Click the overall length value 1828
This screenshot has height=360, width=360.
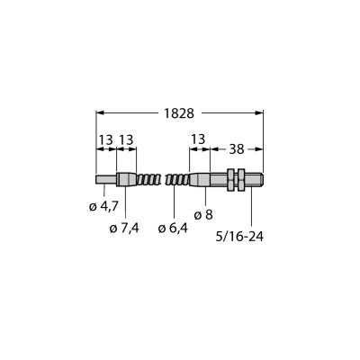pyautogui.click(x=179, y=113)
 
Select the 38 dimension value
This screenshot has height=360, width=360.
pyautogui.click(x=237, y=149)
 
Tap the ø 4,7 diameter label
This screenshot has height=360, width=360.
pyautogui.click(x=104, y=206)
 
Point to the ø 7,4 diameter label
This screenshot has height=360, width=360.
pyautogui.click(x=124, y=229)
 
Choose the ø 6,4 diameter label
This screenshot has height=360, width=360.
pyautogui.click(x=173, y=229)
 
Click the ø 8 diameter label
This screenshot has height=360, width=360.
pyautogui.click(x=203, y=215)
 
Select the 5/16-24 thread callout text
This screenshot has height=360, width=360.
pyautogui.click(x=239, y=237)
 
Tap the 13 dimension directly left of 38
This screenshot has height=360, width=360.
pyautogui.click(x=198, y=139)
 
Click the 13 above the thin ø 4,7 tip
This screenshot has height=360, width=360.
pyautogui.click(x=106, y=139)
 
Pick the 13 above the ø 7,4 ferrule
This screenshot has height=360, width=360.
pyautogui.click(x=126, y=139)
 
